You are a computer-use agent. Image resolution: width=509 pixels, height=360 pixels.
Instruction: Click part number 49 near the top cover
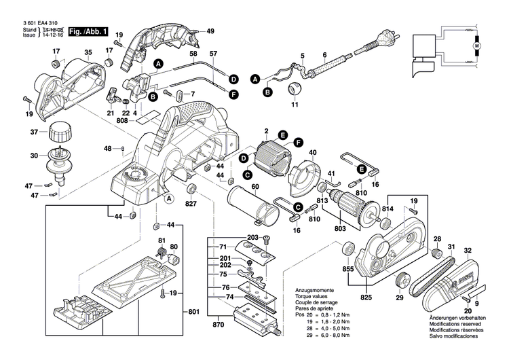[210, 31]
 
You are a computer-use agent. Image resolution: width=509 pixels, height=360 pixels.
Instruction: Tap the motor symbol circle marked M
[476, 46]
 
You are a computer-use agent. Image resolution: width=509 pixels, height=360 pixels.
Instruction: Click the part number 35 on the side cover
[88, 52]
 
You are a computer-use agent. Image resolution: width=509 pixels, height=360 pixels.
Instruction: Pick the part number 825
[366, 298]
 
